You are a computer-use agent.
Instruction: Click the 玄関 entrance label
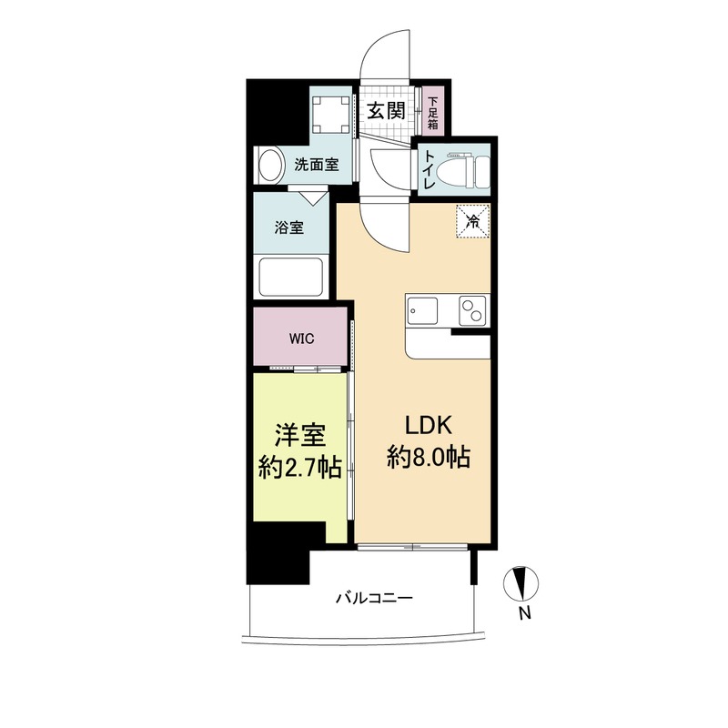[x=386, y=111]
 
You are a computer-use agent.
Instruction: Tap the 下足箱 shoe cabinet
[x=433, y=110]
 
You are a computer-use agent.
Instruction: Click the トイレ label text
[x=428, y=170]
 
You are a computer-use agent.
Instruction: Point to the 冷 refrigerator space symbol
[x=473, y=221]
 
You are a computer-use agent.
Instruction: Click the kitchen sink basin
[x=423, y=311]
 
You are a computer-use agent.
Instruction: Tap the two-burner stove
[x=472, y=310]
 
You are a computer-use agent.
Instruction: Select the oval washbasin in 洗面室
[x=270, y=165]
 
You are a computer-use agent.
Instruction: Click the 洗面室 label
[x=317, y=165]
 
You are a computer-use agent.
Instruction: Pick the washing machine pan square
[x=330, y=115]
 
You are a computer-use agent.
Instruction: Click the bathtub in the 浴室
[x=290, y=277]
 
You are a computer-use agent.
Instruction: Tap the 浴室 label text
[x=288, y=228]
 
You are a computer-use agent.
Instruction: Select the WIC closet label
[x=302, y=339]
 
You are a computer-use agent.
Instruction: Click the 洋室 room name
[x=300, y=436]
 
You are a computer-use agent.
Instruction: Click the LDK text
[x=429, y=426]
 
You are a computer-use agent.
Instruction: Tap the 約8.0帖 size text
[x=429, y=457]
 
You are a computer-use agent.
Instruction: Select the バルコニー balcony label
[x=374, y=597]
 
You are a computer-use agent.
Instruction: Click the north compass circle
[x=521, y=583]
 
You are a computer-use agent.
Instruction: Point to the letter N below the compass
[x=525, y=613]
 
